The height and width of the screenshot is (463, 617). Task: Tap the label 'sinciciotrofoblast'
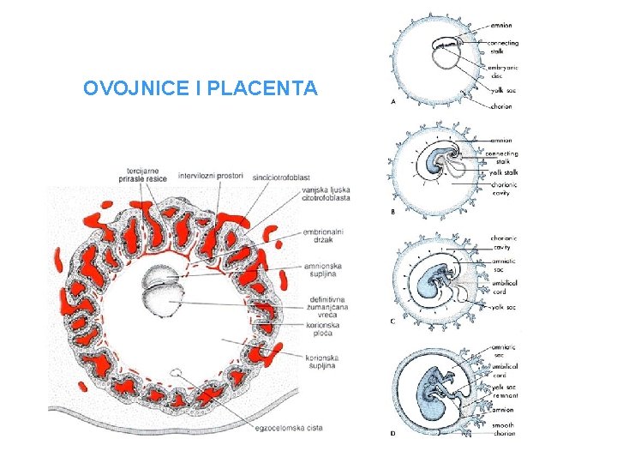point(280,176)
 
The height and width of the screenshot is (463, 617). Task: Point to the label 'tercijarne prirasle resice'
point(143,175)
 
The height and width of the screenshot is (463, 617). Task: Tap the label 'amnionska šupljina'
point(323,271)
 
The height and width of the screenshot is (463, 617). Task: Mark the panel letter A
point(392,101)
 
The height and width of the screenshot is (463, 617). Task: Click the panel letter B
point(392,210)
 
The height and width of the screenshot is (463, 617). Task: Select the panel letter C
point(392,321)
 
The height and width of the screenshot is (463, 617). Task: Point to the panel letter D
point(392,433)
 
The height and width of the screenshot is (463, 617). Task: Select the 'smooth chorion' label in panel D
point(503,429)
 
